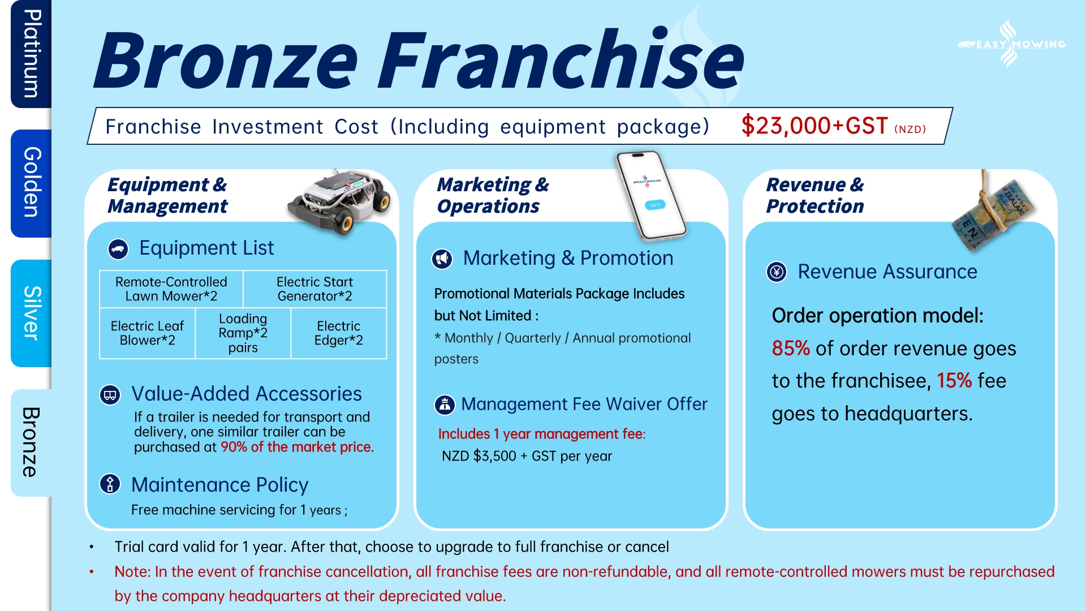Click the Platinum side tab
pyautogui.click(x=31, y=54)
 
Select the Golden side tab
pyautogui.click(x=31, y=183)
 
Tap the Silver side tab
pyautogui.click(x=31, y=313)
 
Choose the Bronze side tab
pyautogui.click(x=31, y=443)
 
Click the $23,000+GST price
pyautogui.click(x=815, y=126)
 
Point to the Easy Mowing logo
pyautogui.click(x=1011, y=44)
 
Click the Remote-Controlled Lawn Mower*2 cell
pyautogui.click(x=171, y=289)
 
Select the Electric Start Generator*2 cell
pyautogui.click(x=315, y=289)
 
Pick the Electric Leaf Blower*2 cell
pyautogui.click(x=147, y=333)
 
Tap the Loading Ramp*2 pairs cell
pyautogui.click(x=243, y=333)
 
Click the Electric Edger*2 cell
pyautogui.click(x=339, y=333)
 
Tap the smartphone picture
pyautogui.click(x=651, y=196)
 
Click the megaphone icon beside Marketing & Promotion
pyautogui.click(x=442, y=259)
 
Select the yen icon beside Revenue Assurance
pyautogui.click(x=777, y=272)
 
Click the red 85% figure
pyautogui.click(x=791, y=348)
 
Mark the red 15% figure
pyautogui.click(x=954, y=381)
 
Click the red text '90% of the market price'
pyautogui.click(x=296, y=447)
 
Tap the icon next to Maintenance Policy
pyautogui.click(x=110, y=484)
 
